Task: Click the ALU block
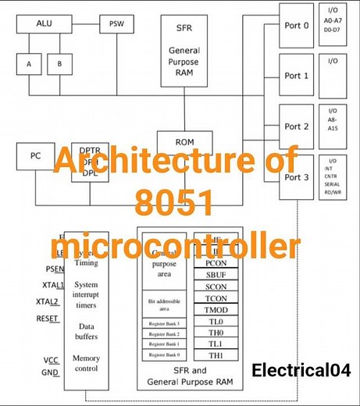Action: (44, 24)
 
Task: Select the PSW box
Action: (116, 24)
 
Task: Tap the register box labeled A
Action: (29, 64)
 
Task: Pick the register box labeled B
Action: (59, 64)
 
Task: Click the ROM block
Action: (185, 142)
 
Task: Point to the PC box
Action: (36, 155)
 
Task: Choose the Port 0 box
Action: (297, 26)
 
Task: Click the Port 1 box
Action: (297, 76)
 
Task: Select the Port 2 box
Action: (297, 126)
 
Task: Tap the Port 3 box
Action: (297, 177)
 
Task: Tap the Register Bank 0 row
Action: (165, 355)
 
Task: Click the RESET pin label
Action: (47, 319)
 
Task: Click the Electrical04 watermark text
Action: (301, 370)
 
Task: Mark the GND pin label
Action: (50, 372)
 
